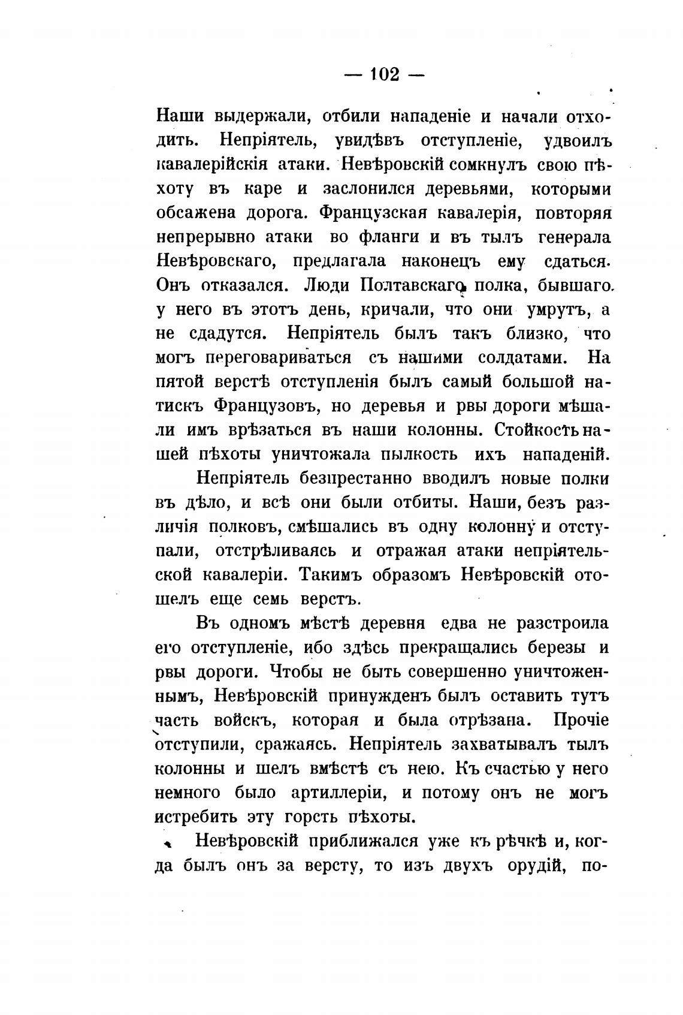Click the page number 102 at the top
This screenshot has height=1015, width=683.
(x=384, y=74)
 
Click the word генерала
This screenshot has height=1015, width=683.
(x=574, y=237)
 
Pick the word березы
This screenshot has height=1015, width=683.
(x=557, y=648)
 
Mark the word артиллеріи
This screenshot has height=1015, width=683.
(x=337, y=793)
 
